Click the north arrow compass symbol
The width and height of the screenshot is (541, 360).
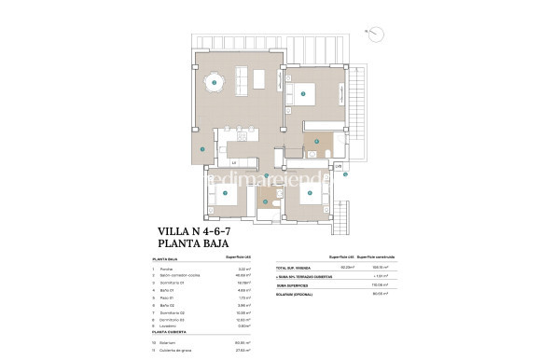(x=375, y=35)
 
